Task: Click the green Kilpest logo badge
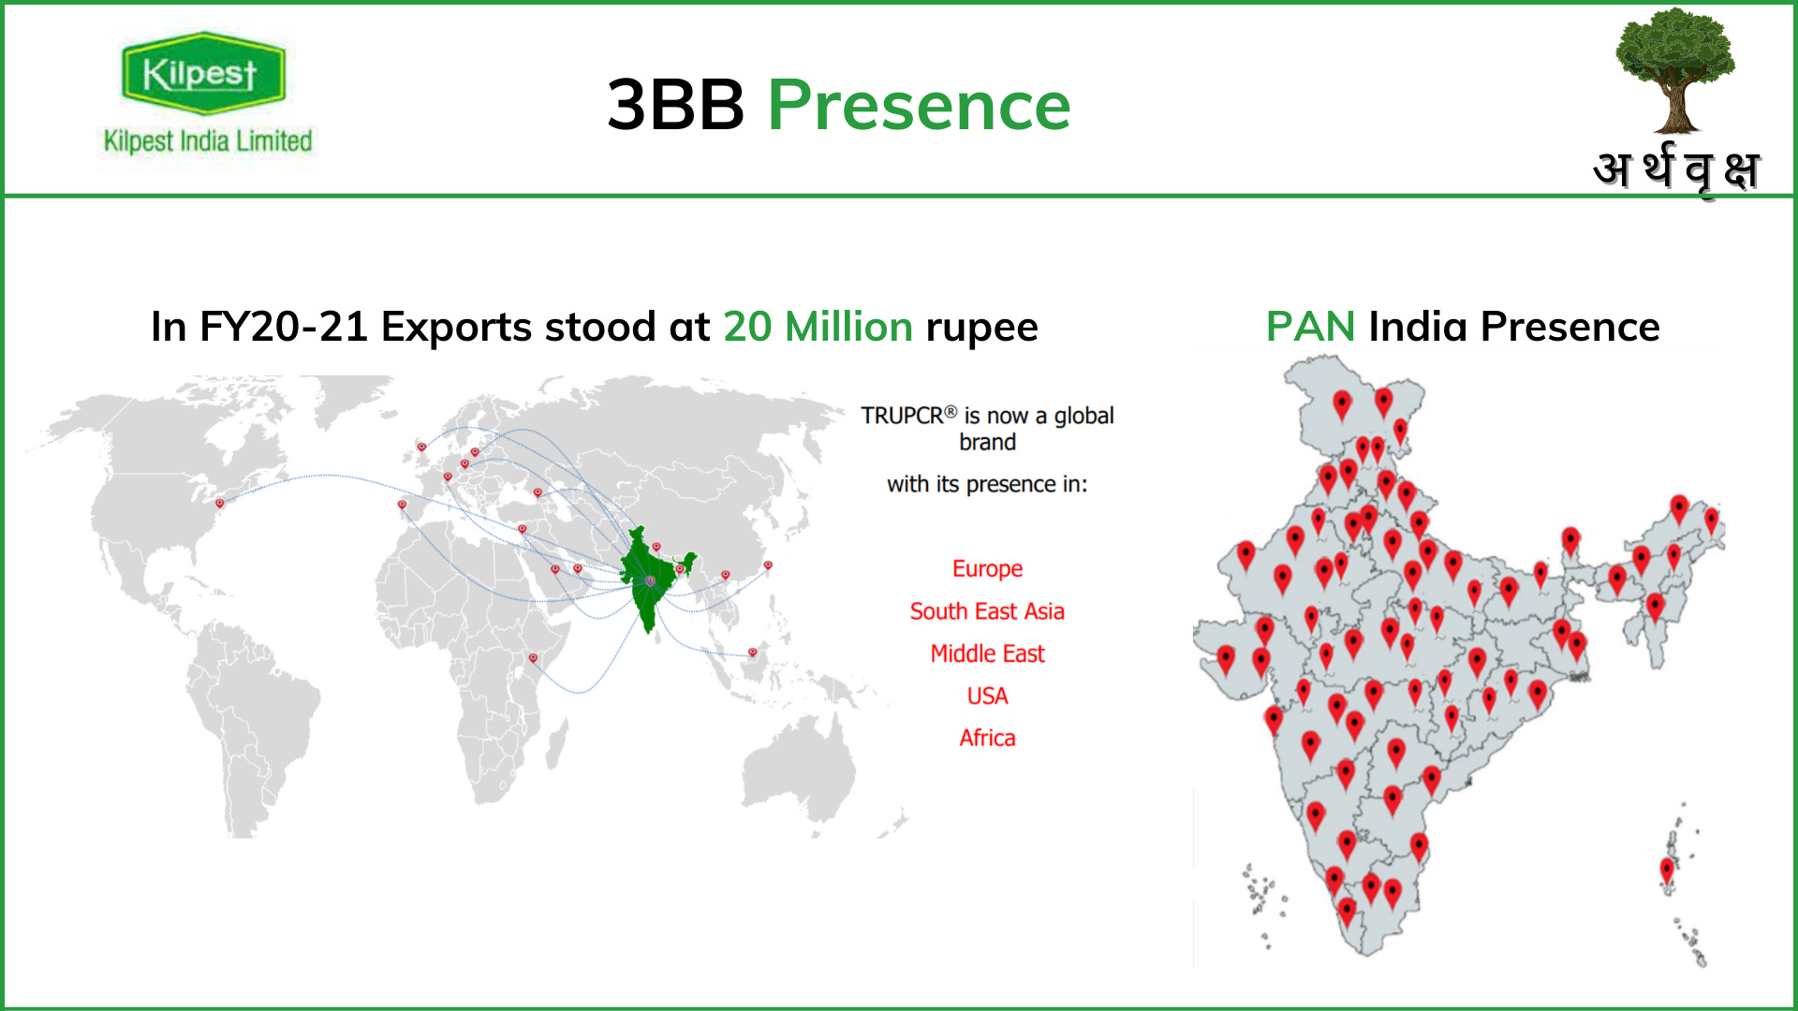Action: [202, 73]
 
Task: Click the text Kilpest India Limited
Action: [208, 141]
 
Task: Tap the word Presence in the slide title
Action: [919, 105]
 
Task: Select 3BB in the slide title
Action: [675, 105]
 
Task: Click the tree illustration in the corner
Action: [1674, 70]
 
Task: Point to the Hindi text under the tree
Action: [1676, 170]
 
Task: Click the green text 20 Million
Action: [818, 327]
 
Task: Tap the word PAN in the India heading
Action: [1310, 327]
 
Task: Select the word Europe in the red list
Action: [987, 569]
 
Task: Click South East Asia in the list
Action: [987, 611]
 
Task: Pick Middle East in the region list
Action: [987, 653]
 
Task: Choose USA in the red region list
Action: [987, 696]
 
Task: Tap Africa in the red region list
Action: [987, 738]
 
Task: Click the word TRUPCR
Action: [902, 416]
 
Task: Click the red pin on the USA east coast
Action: [220, 504]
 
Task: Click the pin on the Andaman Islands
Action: [1667, 870]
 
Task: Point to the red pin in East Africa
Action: [533, 658]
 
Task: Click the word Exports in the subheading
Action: [457, 327]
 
